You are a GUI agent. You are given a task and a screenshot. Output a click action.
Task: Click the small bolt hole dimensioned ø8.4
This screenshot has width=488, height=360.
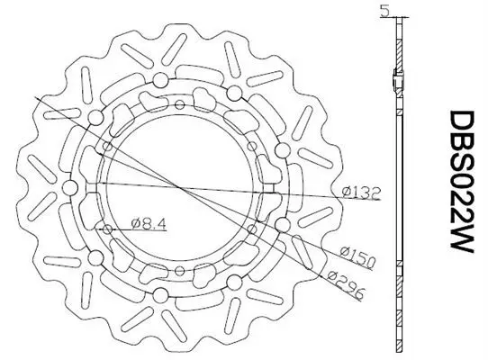coord(110,227)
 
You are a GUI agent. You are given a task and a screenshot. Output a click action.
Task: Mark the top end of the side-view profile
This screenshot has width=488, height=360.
coord(398,22)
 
